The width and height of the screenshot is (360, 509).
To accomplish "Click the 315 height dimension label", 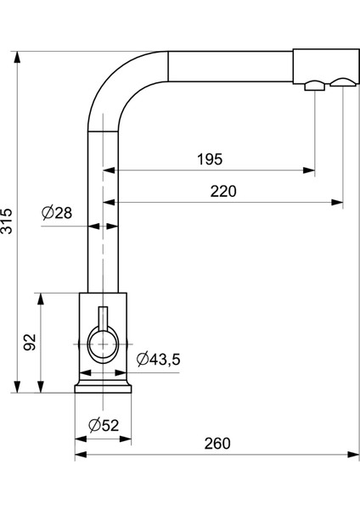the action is click(x=7, y=221).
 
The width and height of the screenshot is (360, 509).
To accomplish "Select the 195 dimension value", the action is click(x=210, y=159).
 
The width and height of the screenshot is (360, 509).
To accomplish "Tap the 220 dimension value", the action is click(x=223, y=191).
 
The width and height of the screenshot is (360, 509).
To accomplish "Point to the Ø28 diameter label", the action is click(x=57, y=213).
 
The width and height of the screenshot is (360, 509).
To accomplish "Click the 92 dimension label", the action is click(x=30, y=342).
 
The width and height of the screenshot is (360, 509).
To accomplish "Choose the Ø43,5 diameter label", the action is click(x=158, y=359).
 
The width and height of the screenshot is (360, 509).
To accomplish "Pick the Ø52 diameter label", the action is click(x=104, y=425).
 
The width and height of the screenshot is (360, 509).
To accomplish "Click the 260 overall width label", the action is click(x=217, y=444).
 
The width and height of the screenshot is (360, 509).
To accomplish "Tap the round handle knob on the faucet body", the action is click(x=103, y=344).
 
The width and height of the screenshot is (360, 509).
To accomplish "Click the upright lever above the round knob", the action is click(x=103, y=317).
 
